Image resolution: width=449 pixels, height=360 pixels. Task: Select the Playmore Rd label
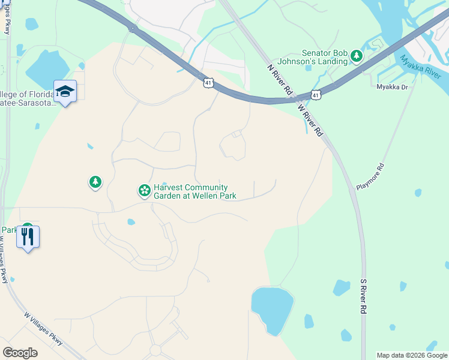click(x=370, y=176)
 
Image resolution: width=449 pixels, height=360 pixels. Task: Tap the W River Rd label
click(x=311, y=121)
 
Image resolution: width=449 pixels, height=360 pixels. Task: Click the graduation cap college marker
click(x=65, y=92)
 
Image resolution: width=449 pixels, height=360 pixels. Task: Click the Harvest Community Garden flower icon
click(x=144, y=191)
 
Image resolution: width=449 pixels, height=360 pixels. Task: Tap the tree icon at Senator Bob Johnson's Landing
click(x=357, y=56)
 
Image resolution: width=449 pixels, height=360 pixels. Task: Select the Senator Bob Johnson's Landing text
click(x=324, y=57)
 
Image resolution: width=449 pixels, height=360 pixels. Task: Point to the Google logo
click(x=20, y=353)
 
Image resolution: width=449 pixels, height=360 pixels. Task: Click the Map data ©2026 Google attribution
click(x=412, y=355)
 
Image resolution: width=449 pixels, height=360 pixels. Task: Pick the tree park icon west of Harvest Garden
click(x=95, y=181)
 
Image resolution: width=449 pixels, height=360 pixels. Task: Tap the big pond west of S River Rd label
click(x=273, y=307)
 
